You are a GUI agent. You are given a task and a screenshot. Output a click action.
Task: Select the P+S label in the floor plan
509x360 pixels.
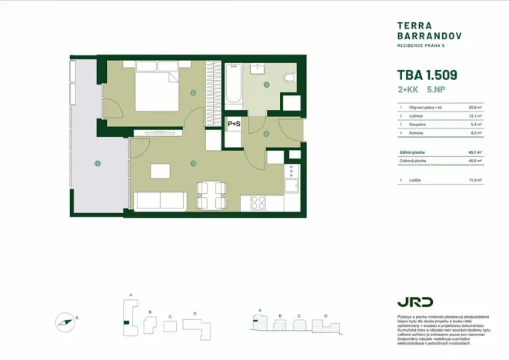[x=234, y=122]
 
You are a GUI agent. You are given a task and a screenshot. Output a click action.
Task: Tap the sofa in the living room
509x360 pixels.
[x=160, y=202]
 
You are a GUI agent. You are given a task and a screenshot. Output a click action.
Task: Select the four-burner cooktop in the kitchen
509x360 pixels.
[x=258, y=203]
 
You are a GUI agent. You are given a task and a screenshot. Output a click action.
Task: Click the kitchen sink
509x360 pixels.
[x=291, y=185]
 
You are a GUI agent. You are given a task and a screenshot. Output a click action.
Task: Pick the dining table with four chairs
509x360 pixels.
[x=211, y=195]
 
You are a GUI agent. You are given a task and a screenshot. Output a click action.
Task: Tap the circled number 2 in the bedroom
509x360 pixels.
[x=193, y=93]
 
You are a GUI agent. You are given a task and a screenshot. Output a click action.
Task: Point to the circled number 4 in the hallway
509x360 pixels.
[x=266, y=134]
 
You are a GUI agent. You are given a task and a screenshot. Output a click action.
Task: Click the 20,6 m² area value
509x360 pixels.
[x=474, y=108]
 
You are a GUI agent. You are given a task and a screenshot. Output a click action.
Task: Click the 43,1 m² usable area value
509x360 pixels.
[x=474, y=152]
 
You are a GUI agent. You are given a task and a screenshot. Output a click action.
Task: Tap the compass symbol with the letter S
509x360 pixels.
[x=66, y=320]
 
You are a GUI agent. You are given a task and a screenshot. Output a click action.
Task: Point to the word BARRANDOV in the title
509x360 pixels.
[x=420, y=35]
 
